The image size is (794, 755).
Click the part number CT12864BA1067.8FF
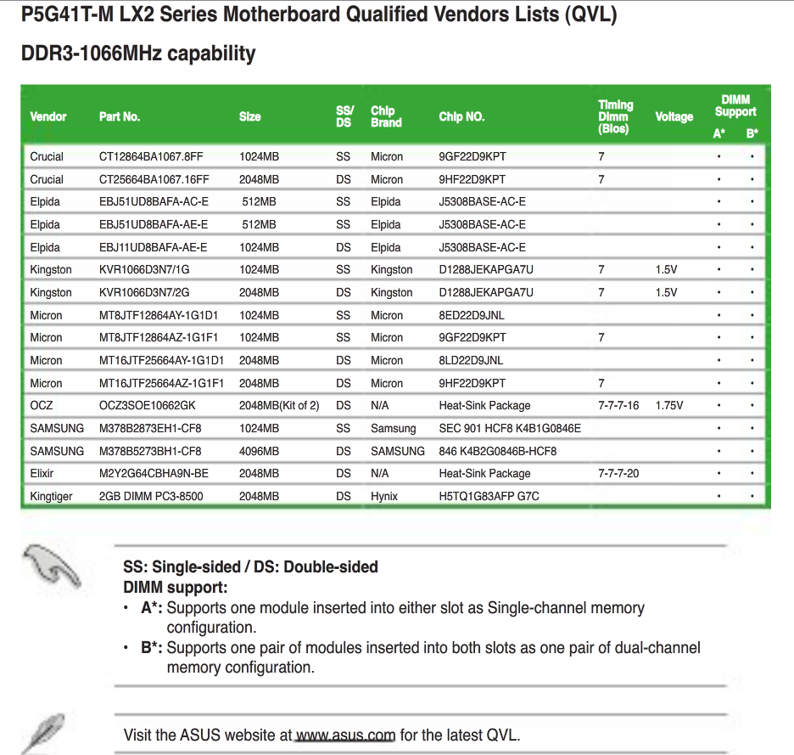151,156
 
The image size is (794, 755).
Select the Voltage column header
674,117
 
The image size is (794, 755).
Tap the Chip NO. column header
461,117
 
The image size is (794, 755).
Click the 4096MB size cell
259,451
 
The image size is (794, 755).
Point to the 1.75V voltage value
668,406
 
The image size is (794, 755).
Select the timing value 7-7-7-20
618,474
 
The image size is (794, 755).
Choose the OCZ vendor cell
42,406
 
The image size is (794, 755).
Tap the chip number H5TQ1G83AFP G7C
489,496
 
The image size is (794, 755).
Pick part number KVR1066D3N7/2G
145,292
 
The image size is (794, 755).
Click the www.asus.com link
345,735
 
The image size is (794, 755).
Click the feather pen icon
42,733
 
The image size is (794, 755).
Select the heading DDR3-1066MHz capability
137,54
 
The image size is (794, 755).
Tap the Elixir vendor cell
43,474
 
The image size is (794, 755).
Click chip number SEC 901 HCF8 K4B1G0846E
510,429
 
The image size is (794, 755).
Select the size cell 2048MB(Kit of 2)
279,406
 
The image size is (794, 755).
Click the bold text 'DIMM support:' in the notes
176,587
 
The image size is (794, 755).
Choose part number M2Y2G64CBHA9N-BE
154,474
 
